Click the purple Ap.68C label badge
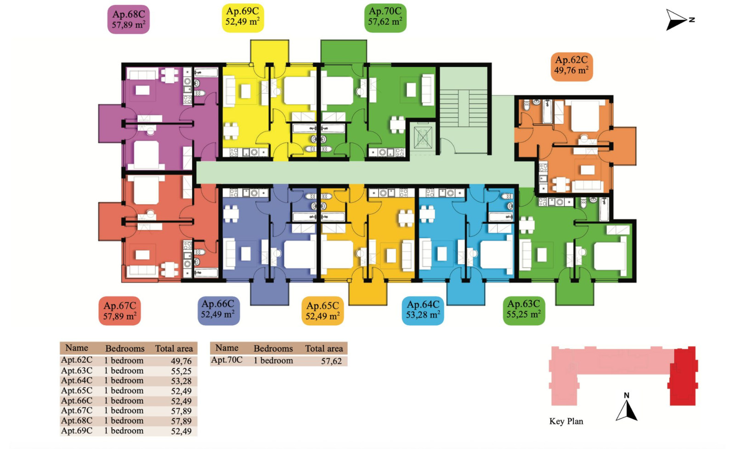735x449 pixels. coord(128,19)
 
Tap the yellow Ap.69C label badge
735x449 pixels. coord(243,18)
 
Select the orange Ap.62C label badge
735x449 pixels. coord(571,67)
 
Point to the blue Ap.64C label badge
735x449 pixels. coord(423,311)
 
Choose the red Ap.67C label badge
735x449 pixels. coord(120,311)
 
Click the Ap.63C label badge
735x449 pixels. coord(524,311)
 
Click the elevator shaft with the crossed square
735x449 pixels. coord(423,137)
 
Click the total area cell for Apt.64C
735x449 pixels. coord(181,381)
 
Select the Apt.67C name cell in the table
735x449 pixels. coord(77,410)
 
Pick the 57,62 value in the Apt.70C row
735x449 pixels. coord(331,361)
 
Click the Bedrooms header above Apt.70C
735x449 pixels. coord(273,348)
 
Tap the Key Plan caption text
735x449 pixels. coord(566,421)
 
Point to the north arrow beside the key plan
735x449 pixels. coord(627,407)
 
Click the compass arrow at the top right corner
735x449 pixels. coord(678,20)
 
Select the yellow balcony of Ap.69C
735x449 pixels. coord(270,51)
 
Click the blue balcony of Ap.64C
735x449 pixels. coord(466,293)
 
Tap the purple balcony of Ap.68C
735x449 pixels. coord(110,123)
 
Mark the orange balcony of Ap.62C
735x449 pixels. coord(624,146)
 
